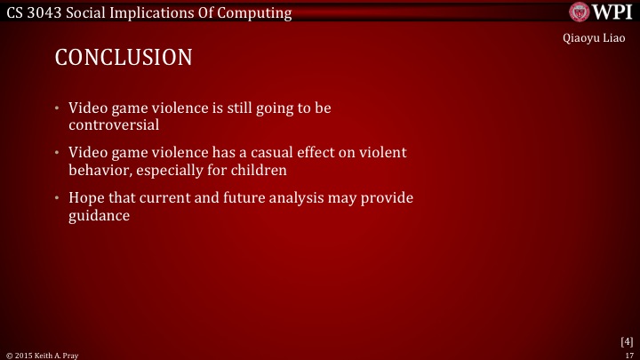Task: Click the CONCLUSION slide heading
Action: (123, 58)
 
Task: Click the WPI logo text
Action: (613, 12)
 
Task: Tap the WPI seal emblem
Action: (581, 12)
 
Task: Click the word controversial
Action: (114, 124)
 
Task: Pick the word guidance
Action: (100, 214)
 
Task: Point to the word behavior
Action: (99, 169)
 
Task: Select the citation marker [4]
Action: (626, 341)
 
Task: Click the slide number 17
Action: (628, 355)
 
